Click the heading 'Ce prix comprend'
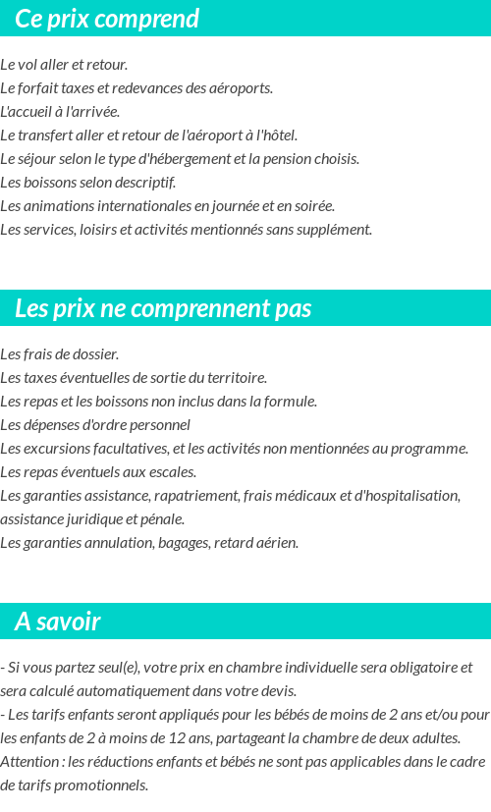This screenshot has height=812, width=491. [x=107, y=19]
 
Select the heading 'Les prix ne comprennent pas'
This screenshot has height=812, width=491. [x=163, y=308]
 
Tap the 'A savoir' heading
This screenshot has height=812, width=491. [x=58, y=622]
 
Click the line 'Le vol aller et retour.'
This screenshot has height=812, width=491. [x=64, y=65]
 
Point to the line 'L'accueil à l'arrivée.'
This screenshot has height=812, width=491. [x=60, y=112]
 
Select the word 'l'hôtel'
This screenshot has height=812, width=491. [x=277, y=135]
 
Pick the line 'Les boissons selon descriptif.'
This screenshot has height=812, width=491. [x=87, y=183]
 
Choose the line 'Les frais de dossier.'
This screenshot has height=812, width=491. [x=59, y=354]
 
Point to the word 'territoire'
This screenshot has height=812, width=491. [x=236, y=378]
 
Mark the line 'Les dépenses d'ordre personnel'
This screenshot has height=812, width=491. [x=95, y=425]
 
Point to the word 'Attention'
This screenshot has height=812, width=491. [x=28, y=762]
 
